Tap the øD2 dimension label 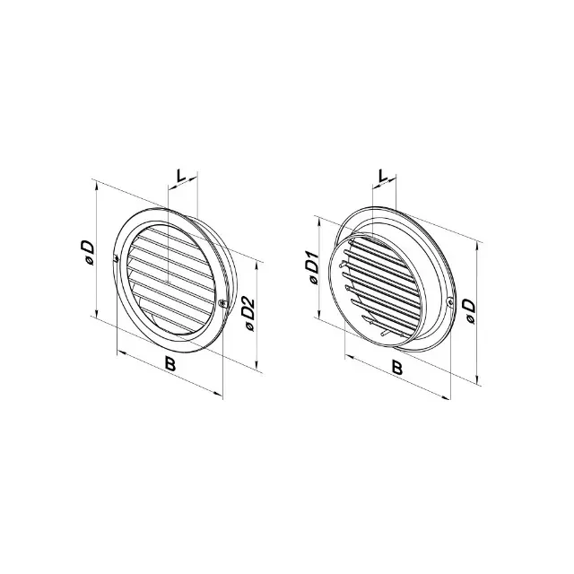[x=249, y=314]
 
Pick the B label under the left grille [x=170, y=364]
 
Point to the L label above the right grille [x=383, y=176]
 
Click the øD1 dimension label [x=313, y=267]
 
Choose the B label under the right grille [x=396, y=368]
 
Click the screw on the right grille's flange [x=450, y=301]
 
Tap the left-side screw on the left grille [x=116, y=259]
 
